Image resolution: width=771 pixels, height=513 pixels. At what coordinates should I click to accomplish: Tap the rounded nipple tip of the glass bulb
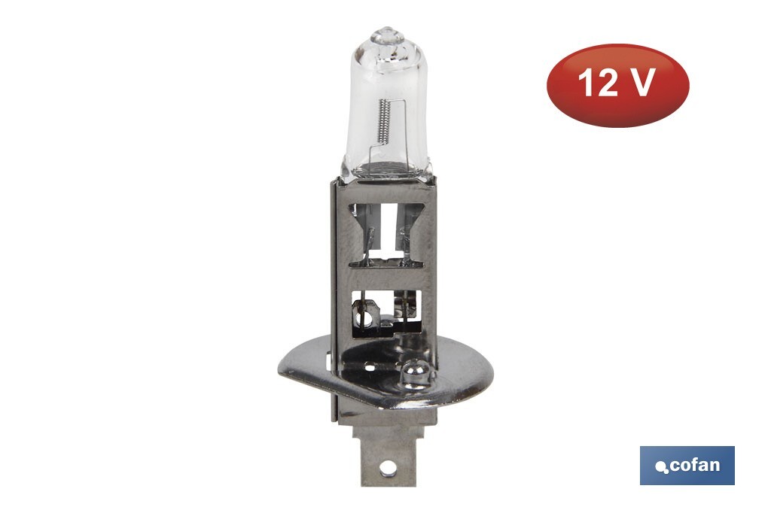386,33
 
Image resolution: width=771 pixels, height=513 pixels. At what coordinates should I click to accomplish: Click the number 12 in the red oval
598,83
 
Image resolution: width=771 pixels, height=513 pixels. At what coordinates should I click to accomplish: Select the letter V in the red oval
641,83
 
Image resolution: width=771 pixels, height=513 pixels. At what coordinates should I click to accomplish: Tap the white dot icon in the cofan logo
662,467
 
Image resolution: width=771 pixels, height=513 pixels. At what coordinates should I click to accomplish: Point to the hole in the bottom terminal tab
386,467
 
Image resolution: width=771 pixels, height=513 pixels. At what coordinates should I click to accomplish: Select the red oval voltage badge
617,85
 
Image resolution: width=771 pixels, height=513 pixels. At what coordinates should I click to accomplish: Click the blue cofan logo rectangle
687,465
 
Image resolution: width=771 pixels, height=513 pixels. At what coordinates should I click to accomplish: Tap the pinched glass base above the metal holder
386,169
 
